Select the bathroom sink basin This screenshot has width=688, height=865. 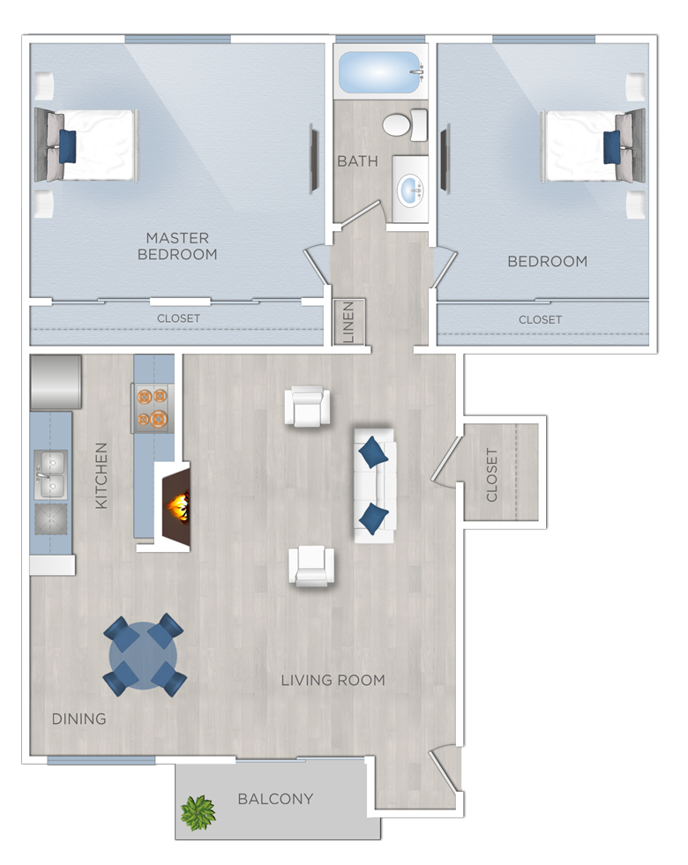411,190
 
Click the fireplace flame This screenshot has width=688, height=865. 180,507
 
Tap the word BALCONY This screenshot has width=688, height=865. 275,799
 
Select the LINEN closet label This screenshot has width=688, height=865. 348,322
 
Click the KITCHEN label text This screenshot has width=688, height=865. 101,475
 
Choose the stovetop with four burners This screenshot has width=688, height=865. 153,408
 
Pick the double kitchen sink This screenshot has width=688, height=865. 50,474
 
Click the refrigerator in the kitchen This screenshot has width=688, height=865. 56,383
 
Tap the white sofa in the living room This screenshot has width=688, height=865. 374,486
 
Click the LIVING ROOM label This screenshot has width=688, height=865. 333,680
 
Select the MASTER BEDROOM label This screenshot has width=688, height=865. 177,246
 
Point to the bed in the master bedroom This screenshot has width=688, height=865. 86,145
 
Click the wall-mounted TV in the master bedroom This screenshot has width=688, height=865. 313,159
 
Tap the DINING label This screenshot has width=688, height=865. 79,719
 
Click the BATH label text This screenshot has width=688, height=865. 357,161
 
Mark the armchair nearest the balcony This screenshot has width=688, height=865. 311,567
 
